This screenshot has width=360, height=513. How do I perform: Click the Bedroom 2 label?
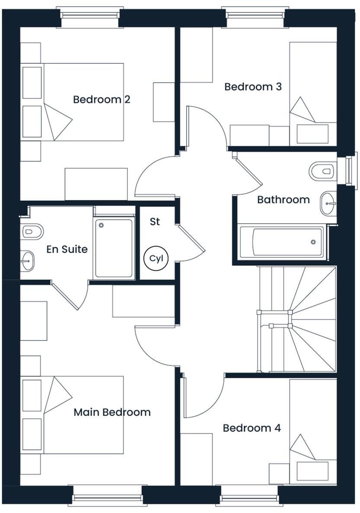pos(102,100)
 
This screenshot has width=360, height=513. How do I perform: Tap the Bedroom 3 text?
pos(253,87)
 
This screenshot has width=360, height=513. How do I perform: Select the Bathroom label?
pos(283,200)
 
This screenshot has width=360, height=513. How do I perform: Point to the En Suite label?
pos(67,250)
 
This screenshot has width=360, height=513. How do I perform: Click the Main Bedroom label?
pos(112,412)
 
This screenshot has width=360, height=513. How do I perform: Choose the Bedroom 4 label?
pos(252,428)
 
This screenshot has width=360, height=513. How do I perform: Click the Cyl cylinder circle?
pos(155,259)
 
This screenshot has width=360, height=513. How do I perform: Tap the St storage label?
pos(155,222)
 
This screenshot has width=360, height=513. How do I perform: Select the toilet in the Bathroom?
pos(322,171)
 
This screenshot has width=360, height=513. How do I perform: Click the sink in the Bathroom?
pos(328,203)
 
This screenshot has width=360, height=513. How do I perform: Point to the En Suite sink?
pos(28,261)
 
